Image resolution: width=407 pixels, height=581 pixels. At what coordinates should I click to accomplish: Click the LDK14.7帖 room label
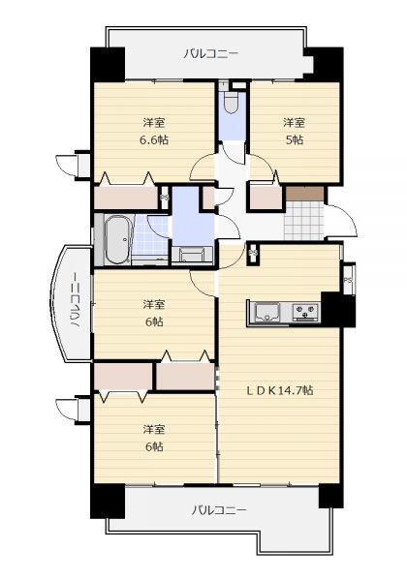280,390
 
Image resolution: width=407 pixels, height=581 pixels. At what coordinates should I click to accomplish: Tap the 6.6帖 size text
154,140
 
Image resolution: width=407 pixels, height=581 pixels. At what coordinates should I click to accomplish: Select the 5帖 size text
295,140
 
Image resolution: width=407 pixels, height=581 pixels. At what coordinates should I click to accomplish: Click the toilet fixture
231,101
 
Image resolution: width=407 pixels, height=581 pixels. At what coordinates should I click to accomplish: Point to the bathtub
116,240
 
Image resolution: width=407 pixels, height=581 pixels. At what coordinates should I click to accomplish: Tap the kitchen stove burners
305,312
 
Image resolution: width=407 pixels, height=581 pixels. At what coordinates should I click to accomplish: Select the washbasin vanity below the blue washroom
193,256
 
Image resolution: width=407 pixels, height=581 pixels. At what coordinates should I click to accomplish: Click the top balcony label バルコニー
211,54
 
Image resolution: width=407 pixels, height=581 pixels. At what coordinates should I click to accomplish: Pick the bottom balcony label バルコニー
219,511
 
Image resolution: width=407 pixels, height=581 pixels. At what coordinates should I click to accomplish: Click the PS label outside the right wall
348,280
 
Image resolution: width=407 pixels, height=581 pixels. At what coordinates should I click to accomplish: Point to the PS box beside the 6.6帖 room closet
164,198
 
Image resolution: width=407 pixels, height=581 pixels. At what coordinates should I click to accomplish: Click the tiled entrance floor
304,221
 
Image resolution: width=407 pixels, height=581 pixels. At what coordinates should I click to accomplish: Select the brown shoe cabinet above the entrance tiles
304,194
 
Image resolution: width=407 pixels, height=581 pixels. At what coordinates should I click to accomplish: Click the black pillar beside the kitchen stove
338,310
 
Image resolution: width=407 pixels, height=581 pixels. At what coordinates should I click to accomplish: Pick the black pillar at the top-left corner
108,64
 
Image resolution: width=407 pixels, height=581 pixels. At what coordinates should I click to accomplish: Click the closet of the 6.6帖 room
126,198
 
